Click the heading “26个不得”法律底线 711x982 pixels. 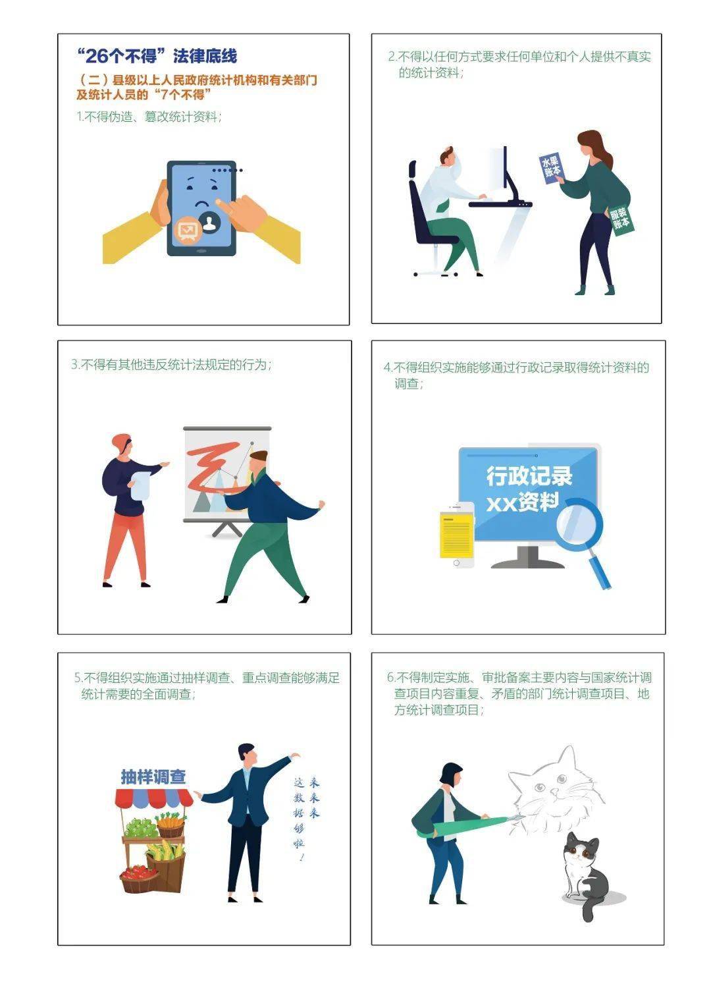click(x=157, y=56)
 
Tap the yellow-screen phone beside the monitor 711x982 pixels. click(x=457, y=534)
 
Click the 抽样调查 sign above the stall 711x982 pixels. click(x=153, y=777)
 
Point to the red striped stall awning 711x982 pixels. click(x=154, y=798)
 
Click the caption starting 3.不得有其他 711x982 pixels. click(x=171, y=364)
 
